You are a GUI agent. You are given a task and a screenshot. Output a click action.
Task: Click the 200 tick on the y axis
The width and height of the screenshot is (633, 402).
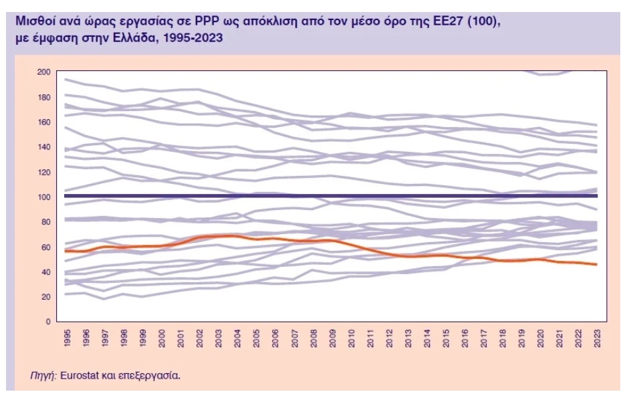44,72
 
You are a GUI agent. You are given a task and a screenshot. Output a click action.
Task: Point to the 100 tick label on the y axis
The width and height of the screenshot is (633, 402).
44,197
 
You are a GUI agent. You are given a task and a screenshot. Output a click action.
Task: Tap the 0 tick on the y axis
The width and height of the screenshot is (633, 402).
48,322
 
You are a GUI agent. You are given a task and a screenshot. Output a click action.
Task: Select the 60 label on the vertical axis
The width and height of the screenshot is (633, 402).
45,247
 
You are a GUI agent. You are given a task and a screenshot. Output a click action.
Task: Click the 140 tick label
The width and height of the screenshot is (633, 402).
44,146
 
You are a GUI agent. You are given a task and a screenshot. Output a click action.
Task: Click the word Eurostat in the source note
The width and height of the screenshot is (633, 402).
81,375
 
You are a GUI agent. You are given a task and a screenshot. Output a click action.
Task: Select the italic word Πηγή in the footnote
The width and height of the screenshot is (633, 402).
43,375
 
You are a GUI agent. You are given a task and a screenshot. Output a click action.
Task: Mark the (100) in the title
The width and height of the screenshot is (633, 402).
483,21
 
